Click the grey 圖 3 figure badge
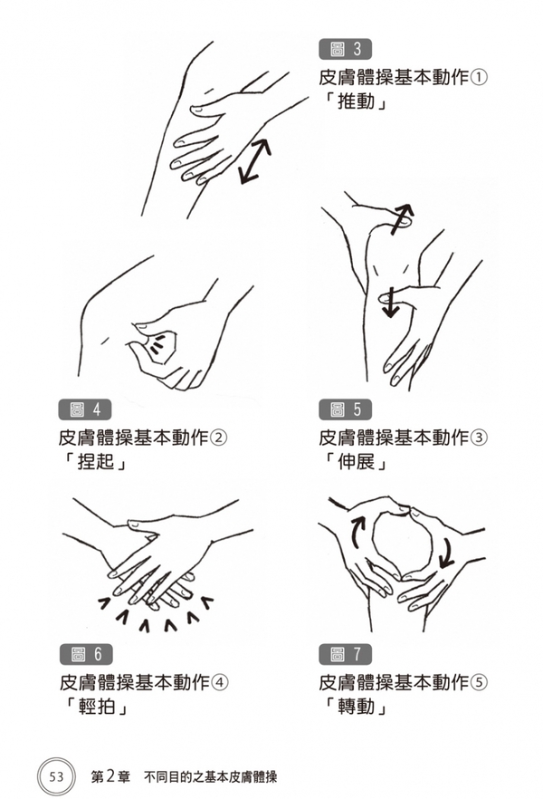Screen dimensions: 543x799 [345, 50]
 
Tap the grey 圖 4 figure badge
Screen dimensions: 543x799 [84, 409]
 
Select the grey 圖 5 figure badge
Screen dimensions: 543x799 [345, 409]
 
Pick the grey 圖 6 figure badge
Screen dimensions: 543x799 [85, 654]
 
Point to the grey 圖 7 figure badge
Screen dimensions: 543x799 [345, 654]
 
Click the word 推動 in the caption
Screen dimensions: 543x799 [357, 101]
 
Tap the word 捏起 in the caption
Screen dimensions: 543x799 [96, 461]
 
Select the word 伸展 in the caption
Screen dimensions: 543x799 [357, 461]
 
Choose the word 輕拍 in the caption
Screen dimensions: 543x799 [97, 706]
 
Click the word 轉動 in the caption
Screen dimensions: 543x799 [357, 706]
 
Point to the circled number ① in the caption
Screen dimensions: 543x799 [479, 78]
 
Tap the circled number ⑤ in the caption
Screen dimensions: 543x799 [479, 682]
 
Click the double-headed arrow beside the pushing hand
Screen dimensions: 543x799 [255, 160]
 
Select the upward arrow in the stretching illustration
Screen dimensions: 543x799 [401, 218]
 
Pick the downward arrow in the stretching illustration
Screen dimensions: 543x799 [390, 303]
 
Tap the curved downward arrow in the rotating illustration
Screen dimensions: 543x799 [447, 552]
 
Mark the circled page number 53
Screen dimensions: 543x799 [56, 776]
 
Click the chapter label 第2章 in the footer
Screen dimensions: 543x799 [111, 776]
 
